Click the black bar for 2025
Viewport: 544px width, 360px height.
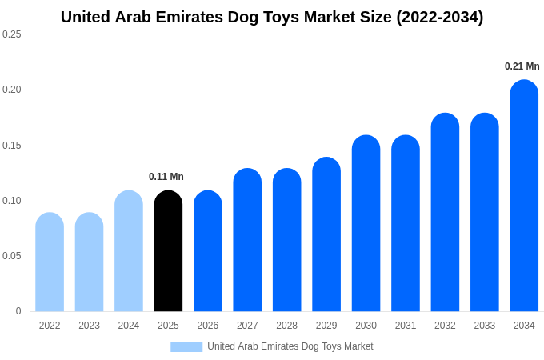[168, 251]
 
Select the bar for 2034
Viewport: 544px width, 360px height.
[524, 196]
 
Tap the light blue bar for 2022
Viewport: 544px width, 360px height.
[50, 262]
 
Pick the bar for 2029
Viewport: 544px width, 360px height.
[326, 234]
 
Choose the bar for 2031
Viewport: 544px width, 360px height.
[406, 223]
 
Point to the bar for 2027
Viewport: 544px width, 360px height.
[247, 240]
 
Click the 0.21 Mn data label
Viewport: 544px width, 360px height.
[522, 66]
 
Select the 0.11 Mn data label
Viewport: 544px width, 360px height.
[166, 177]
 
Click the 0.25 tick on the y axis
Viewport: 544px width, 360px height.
[12, 34]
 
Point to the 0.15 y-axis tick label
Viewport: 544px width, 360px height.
[12, 146]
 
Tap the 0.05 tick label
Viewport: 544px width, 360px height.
[12, 256]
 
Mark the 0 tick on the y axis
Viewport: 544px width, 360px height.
[18, 311]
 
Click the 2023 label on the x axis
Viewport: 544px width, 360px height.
[89, 326]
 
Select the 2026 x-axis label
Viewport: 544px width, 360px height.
[208, 326]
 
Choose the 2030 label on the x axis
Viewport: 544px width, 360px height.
[366, 326]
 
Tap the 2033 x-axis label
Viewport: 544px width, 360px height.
[485, 326]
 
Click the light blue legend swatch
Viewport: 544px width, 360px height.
[186, 347]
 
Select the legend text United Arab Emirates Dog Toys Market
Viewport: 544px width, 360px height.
[290, 346]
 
